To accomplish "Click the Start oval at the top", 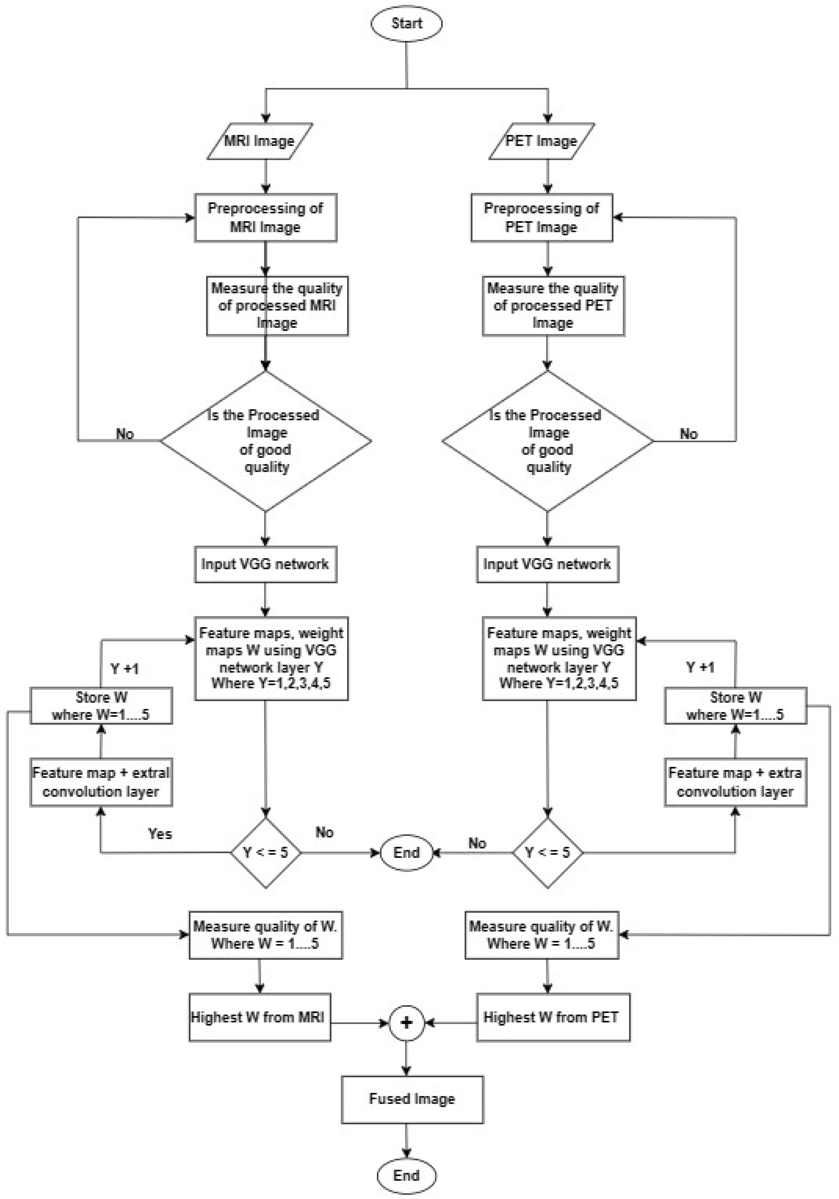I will click(x=406, y=24).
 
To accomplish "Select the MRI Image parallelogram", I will click(x=260, y=141).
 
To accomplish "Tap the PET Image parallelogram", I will click(x=541, y=141).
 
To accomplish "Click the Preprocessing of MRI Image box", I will click(x=265, y=218).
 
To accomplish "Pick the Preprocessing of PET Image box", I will click(x=541, y=218).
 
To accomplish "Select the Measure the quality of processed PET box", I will click(x=553, y=305).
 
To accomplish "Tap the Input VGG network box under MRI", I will click(x=265, y=564).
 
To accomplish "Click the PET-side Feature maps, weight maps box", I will click(x=559, y=658).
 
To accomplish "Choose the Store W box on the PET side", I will click(x=735, y=705).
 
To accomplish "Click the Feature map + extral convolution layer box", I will click(x=101, y=782).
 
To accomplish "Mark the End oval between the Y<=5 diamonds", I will click(x=406, y=852).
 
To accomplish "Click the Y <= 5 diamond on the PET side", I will click(x=547, y=852).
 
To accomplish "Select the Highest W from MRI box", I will click(x=260, y=1017).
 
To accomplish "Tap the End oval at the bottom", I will click(x=406, y=1175).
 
